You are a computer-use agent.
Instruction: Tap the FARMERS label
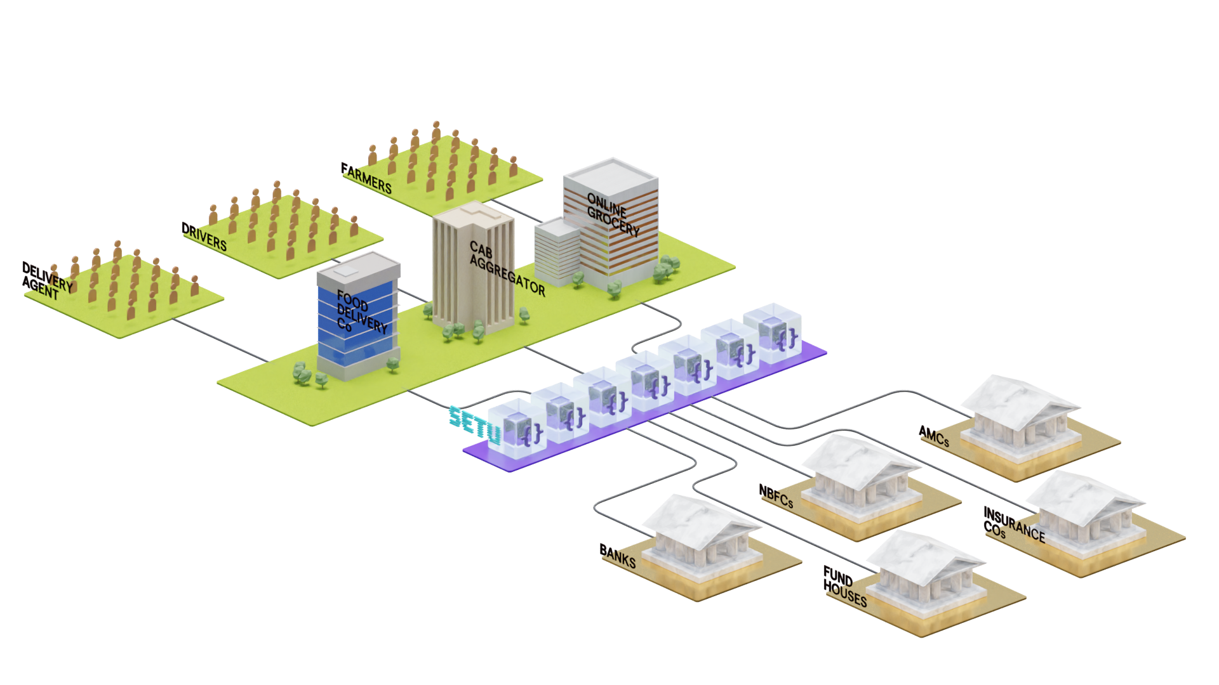[367, 178]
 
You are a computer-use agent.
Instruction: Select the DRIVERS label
[204, 237]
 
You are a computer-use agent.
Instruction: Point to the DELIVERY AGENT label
[46, 281]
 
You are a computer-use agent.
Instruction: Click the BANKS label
[618, 556]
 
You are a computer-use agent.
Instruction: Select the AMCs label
[935, 436]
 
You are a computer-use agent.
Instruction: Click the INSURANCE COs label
[1013, 524]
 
